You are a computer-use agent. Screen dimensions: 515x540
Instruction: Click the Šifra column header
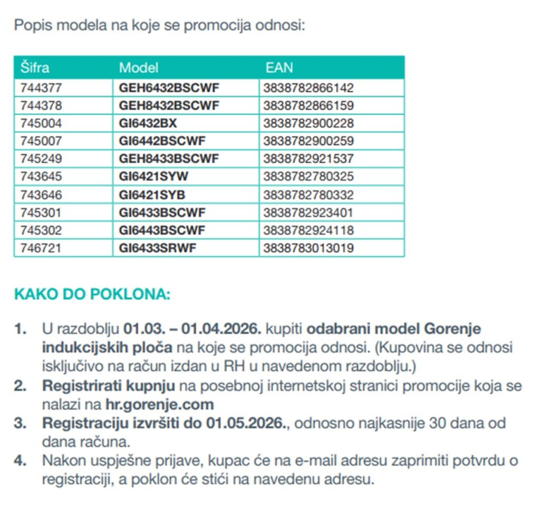35,68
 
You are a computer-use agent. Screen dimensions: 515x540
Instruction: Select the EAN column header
279,68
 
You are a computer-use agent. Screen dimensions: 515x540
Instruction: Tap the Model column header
138,68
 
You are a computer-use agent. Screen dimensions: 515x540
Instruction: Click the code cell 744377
41,88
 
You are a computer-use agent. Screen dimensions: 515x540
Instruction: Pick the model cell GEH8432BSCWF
169,106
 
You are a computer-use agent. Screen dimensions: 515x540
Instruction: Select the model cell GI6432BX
148,123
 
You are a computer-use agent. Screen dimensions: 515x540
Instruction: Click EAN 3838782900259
308,141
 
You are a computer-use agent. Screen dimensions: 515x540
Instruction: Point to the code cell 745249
41,159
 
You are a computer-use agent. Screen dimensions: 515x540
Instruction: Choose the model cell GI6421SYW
153,176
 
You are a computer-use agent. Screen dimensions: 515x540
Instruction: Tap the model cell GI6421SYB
152,195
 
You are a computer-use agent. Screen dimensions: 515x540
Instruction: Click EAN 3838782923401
308,213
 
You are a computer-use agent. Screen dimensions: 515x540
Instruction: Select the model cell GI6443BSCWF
162,231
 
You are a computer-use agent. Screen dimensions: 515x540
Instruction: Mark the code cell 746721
41,248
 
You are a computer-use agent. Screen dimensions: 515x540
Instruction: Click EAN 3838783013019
308,248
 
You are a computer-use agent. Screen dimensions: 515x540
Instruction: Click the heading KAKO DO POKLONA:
92,294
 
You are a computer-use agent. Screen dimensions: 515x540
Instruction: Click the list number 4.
20,460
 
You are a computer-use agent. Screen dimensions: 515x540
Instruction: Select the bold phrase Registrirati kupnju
108,386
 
